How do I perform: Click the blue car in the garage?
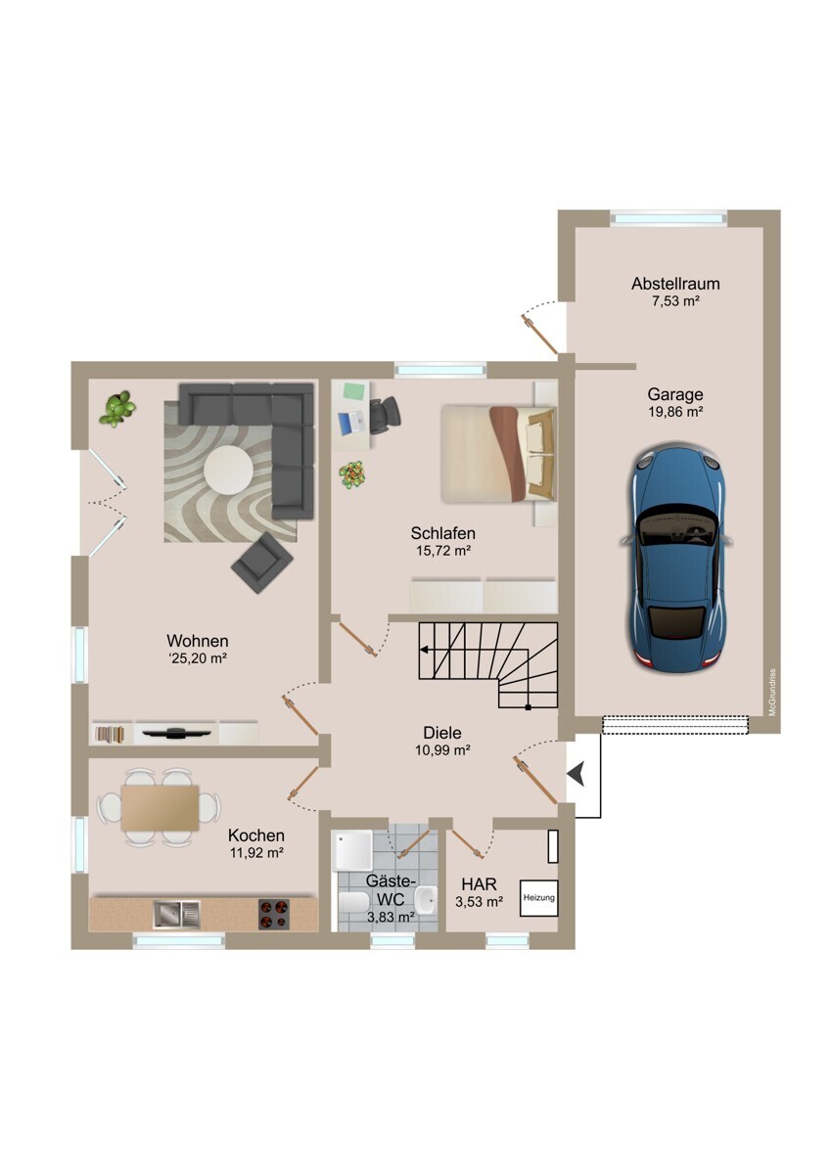(x=676, y=557)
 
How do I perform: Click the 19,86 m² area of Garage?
(x=675, y=412)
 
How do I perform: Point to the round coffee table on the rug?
(x=229, y=470)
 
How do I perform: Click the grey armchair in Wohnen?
(x=262, y=563)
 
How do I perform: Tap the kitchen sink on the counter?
(x=176, y=914)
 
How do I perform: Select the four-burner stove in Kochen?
(x=274, y=914)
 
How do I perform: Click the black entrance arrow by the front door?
(x=576, y=774)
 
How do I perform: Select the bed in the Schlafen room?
(x=497, y=454)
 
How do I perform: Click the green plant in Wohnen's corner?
(x=117, y=408)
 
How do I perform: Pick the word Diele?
(x=442, y=732)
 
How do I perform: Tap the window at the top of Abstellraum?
(x=669, y=218)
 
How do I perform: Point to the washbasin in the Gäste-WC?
(x=426, y=900)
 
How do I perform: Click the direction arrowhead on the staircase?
(x=423, y=650)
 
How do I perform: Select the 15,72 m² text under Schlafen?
(x=442, y=551)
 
